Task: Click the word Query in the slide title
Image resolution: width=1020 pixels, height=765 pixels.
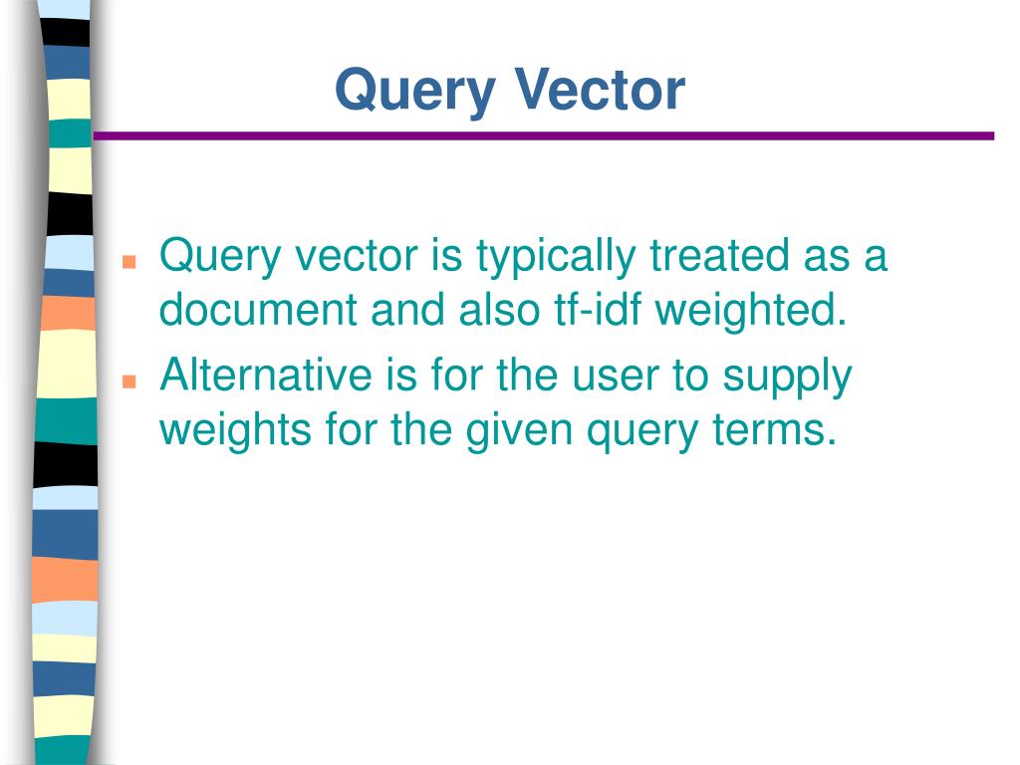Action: click(415, 92)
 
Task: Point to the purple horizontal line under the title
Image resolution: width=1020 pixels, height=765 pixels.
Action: click(544, 135)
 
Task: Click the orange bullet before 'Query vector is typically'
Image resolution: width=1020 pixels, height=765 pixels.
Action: click(129, 262)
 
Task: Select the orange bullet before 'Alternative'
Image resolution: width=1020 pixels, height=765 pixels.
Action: click(129, 381)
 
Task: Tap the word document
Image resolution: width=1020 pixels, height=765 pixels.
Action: click(258, 309)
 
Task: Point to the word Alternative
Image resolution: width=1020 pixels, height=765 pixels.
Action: click(266, 375)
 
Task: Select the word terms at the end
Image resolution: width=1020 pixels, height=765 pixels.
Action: click(774, 429)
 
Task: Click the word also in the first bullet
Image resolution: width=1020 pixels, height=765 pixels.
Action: click(500, 309)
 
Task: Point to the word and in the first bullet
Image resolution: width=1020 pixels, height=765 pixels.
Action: click(407, 309)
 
